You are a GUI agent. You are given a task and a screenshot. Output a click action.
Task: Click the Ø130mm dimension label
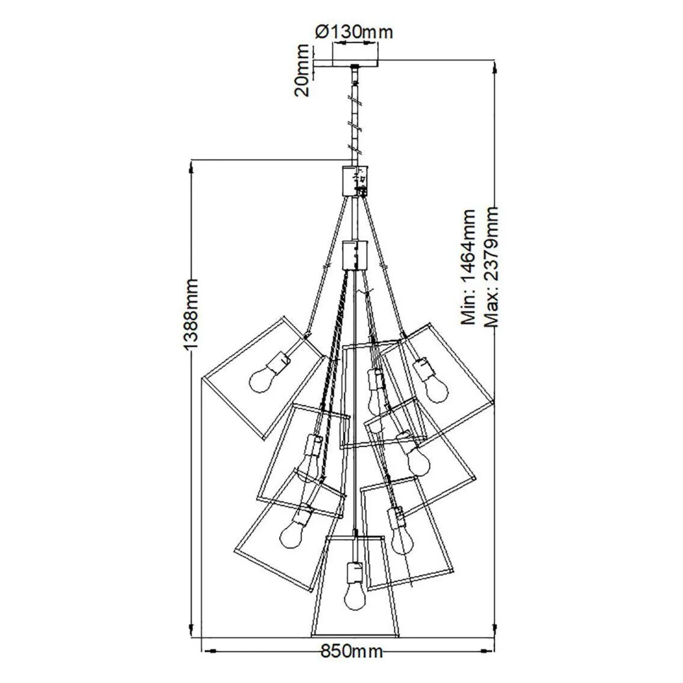pos(353,32)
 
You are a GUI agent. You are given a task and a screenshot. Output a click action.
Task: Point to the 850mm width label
pos(352,652)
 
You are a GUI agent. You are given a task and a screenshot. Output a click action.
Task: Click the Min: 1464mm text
pos(468,268)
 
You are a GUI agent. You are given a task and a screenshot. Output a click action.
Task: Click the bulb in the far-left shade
pos(261,381)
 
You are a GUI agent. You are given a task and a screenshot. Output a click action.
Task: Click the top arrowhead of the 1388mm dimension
pos(192,167)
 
